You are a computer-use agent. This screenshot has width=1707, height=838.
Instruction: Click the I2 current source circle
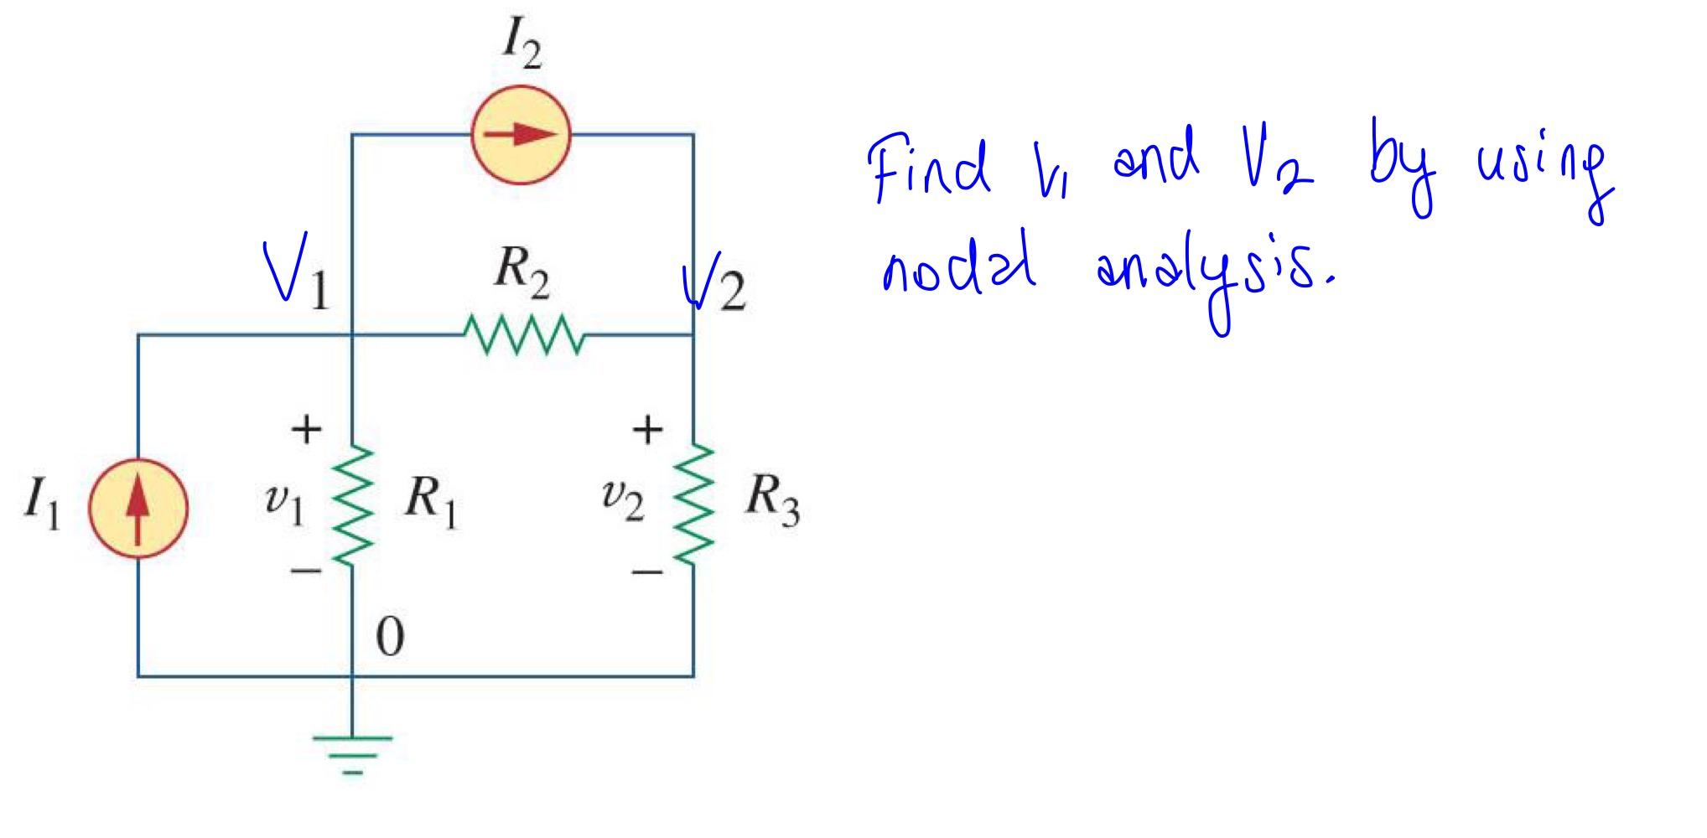(521, 135)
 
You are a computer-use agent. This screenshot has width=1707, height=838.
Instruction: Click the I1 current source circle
(138, 509)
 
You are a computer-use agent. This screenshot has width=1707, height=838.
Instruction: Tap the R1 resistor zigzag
(353, 504)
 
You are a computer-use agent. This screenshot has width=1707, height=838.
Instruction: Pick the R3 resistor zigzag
(693, 504)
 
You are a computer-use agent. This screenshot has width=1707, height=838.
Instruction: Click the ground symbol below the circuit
(352, 752)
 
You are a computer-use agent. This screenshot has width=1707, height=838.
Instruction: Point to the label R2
(521, 273)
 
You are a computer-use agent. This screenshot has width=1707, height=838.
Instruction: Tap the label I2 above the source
(521, 47)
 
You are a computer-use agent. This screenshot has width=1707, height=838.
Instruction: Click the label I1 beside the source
(42, 506)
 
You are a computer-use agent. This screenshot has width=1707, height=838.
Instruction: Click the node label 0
(389, 638)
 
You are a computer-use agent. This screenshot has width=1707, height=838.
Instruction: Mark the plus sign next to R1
(306, 429)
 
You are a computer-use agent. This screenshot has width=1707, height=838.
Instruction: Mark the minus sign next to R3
(646, 573)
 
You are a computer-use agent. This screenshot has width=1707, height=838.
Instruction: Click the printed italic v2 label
(622, 500)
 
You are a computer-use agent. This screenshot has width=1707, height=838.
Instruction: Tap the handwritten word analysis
(1214, 277)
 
